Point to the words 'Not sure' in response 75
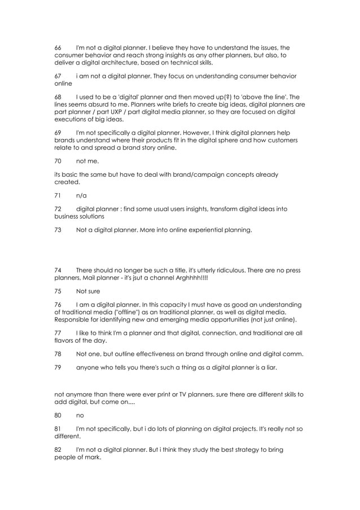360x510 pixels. click(89, 290)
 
